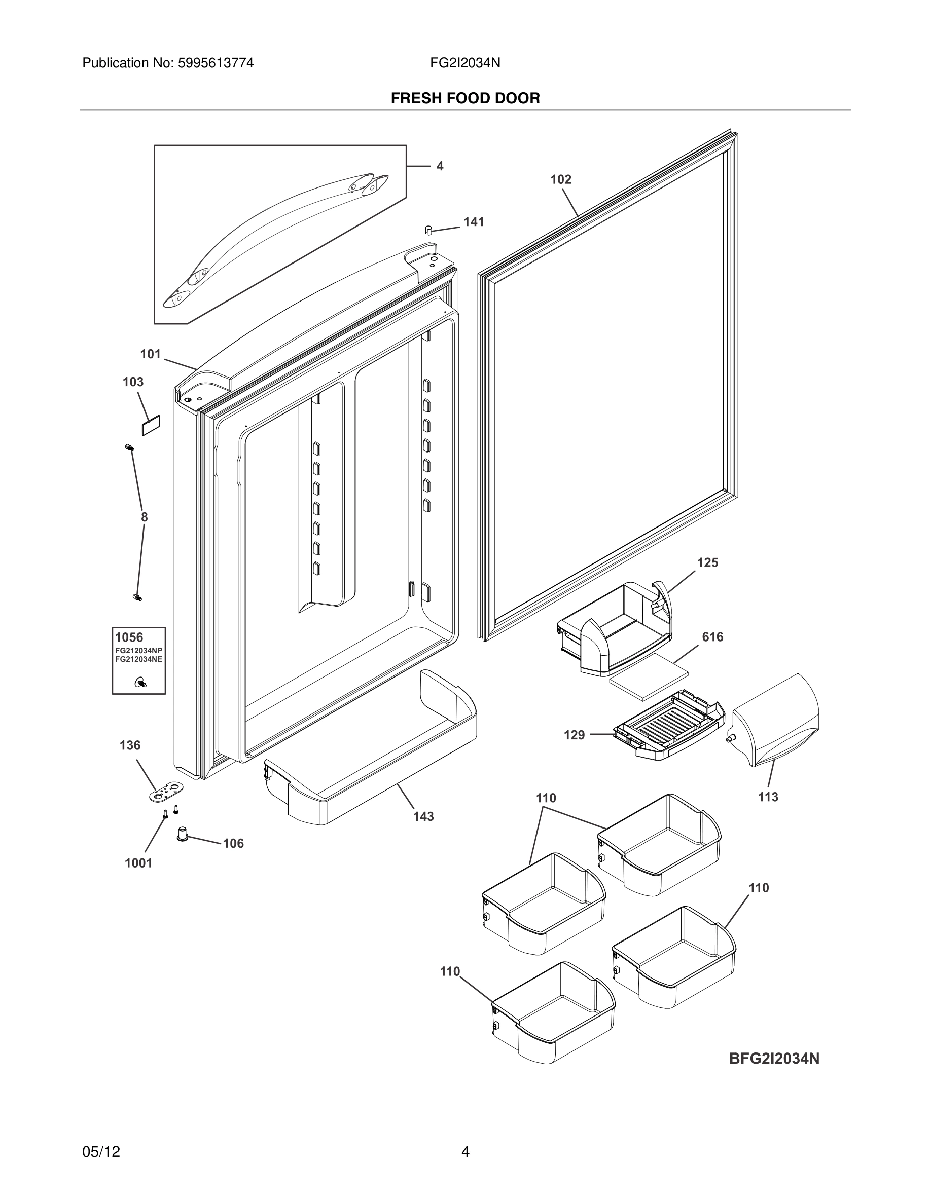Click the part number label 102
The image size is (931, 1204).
coord(560,180)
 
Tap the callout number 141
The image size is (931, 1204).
coord(473,222)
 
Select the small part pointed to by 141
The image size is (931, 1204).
coord(427,230)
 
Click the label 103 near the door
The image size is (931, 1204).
coord(133,382)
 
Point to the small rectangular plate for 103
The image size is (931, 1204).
coord(151,426)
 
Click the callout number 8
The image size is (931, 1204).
coord(144,517)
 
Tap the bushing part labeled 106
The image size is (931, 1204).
coord(183,834)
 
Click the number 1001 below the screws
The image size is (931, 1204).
coord(138,863)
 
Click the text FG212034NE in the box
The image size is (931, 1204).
coord(138,659)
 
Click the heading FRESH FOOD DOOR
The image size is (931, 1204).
coord(465,98)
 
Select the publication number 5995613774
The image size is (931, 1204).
coord(215,63)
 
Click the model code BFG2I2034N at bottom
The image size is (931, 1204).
coord(774,1059)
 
